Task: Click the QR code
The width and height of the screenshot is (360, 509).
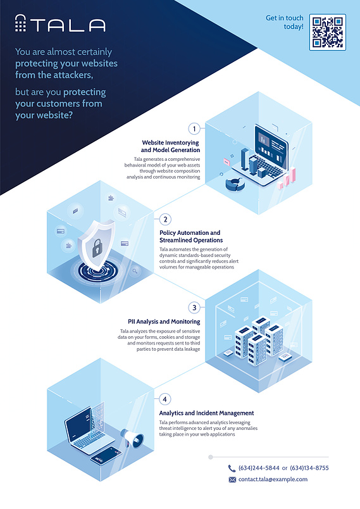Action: coord(328,32)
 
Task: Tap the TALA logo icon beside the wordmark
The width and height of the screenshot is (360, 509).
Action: coord(20,23)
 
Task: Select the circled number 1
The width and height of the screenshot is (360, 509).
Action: coord(194,129)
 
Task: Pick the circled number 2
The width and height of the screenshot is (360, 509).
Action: coord(165,219)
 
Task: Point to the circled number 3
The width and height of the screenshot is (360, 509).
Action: coord(194,308)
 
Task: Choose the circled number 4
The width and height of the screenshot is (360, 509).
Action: coord(164,399)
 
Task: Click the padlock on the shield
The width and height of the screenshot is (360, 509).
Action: coord(97,249)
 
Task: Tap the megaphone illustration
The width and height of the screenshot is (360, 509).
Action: coord(132,437)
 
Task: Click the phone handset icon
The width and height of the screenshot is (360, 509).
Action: coord(232,468)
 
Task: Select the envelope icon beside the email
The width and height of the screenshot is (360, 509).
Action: coord(232,480)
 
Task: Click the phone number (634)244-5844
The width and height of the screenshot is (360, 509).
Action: coord(259,468)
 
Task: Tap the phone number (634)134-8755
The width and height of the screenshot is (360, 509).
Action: coord(309,468)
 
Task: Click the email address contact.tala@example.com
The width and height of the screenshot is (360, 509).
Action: coord(273,479)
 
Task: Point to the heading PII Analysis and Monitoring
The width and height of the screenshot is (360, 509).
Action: coord(164,322)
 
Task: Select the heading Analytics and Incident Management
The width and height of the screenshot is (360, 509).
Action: coord(206,413)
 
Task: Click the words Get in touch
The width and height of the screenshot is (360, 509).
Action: coord(285,18)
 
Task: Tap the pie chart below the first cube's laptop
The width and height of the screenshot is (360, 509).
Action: coord(235,184)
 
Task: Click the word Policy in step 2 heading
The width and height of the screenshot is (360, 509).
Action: coord(168,233)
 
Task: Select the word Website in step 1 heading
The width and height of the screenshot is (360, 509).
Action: coord(153,142)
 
